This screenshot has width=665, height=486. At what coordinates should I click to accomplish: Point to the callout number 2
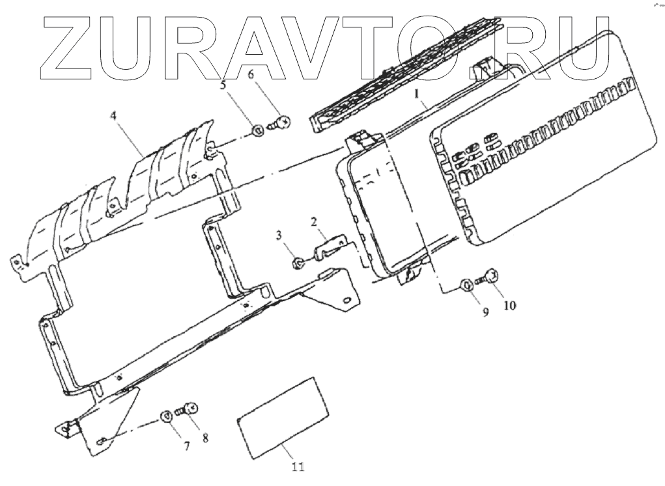[313, 223]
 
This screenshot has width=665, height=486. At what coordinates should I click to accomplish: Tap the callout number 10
[509, 304]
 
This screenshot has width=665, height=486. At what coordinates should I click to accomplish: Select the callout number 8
[206, 437]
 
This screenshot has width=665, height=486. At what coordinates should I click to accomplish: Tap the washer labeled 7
[166, 416]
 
